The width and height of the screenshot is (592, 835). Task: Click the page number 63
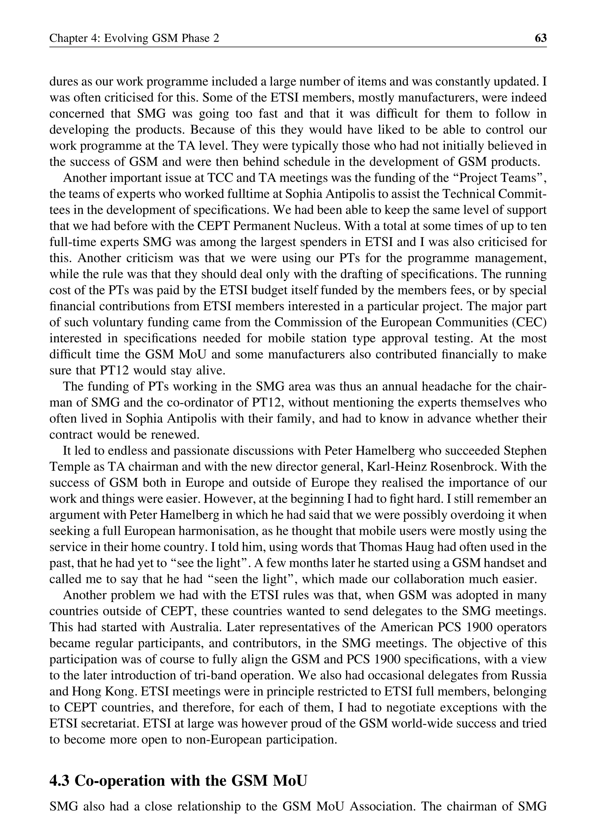(x=540, y=38)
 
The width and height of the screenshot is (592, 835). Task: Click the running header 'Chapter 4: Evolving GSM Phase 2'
(x=134, y=38)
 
